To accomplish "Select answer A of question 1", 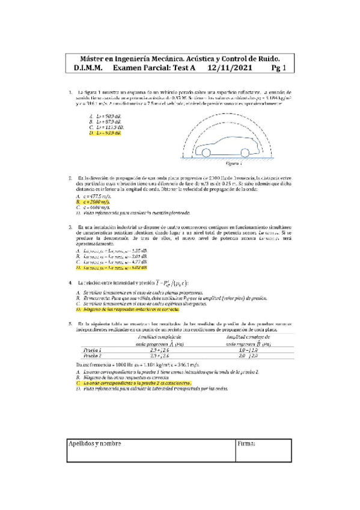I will pyautogui.click(x=102, y=115).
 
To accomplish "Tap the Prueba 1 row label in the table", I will pyautogui.click(x=91, y=349).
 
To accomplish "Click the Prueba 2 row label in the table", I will pyautogui.click(x=91, y=355).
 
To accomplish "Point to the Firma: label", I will pyautogui.click(x=247, y=443).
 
